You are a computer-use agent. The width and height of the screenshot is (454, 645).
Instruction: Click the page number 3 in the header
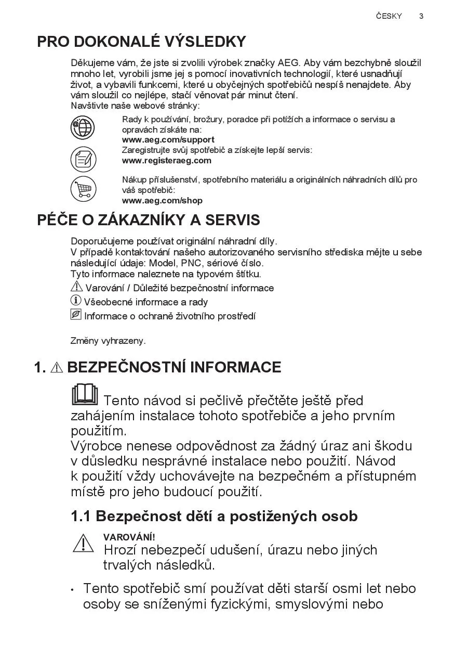coord(421,16)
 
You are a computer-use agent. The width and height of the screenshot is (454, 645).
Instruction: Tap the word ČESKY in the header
coord(389,16)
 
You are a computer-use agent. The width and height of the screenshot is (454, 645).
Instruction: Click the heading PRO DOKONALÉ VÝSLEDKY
coord(141,42)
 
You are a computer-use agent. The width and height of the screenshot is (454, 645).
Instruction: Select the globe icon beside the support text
coord(83,128)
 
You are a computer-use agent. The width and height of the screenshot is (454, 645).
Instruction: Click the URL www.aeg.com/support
coord(168,139)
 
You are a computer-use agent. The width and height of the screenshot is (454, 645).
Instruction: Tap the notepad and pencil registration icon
coord(83,159)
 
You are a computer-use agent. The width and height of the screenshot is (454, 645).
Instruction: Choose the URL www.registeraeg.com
coord(166,160)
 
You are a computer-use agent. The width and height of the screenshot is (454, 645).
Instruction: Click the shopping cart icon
coord(83,189)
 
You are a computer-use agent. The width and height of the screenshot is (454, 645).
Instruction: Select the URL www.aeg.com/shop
coord(162,200)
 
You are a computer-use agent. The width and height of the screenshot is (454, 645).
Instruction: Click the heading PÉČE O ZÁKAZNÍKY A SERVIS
coord(149,220)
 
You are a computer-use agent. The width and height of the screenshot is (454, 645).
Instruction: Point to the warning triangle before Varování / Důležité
coord(76,287)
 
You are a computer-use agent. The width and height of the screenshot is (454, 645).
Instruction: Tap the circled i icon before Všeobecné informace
coord(76,301)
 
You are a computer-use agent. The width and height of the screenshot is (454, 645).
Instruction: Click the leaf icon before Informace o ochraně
coord(76,315)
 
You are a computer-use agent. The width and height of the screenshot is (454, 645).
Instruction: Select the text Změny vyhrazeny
coord(108,341)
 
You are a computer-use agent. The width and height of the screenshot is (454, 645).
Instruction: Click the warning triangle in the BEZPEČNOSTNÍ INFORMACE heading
coord(57,368)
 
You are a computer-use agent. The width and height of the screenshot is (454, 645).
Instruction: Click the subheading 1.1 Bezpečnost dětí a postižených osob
coord(214,516)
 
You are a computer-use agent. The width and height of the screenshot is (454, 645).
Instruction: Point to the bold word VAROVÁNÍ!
coord(129,537)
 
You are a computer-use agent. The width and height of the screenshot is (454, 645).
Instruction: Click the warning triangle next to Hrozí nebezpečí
coord(83,544)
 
